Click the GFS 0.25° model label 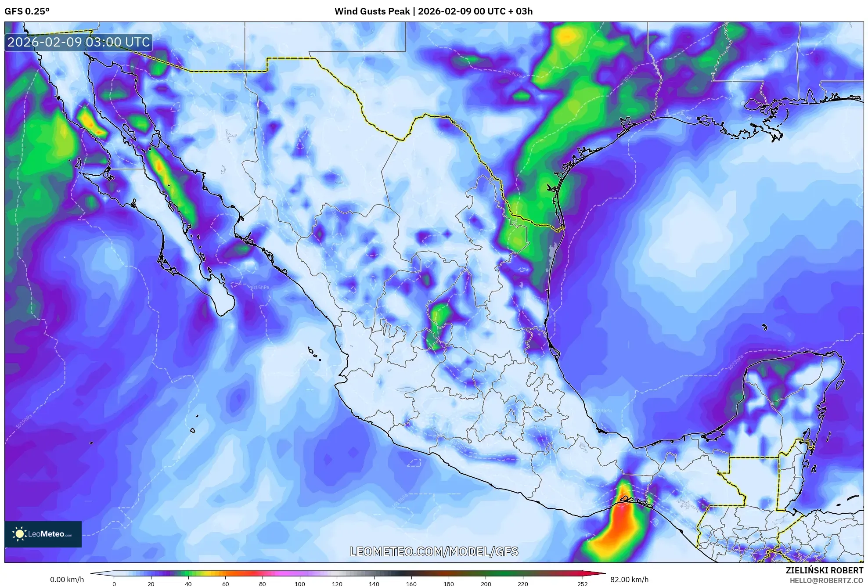(27, 11)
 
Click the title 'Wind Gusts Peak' (372, 11)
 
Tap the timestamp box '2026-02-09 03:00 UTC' (79, 43)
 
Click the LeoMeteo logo (43, 534)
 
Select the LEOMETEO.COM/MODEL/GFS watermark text (434, 551)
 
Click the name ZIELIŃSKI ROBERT (824, 570)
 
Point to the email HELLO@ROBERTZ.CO (826, 580)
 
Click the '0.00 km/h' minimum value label (67, 580)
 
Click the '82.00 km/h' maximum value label (629, 580)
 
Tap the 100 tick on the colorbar (300, 584)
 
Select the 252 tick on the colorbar (582, 584)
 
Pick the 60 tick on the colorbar (225, 584)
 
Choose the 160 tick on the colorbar (411, 584)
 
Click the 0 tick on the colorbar (114, 584)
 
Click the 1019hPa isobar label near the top (512, 73)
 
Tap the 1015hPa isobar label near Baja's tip (259, 288)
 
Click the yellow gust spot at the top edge (567, 36)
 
